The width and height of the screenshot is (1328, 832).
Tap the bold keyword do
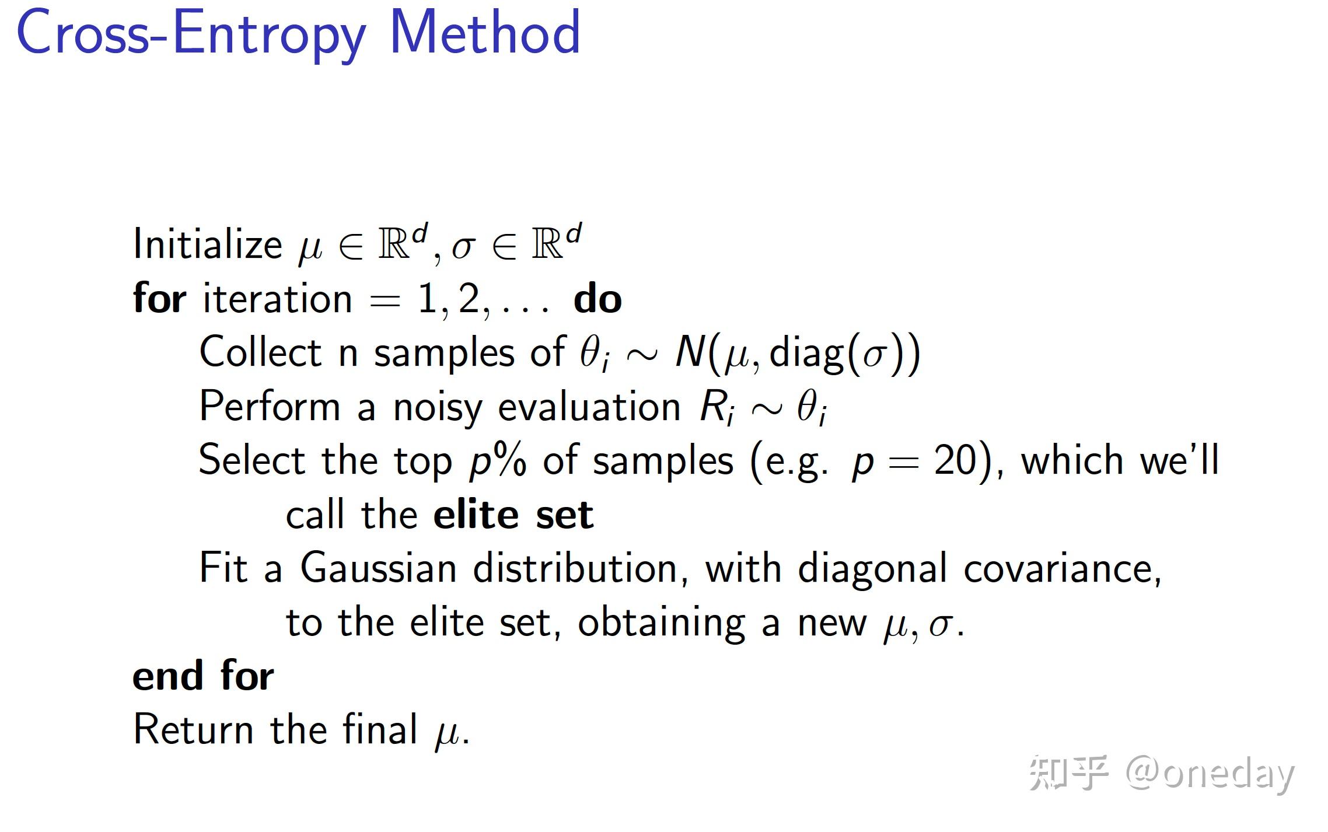597,299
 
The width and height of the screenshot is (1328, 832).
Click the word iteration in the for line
277,299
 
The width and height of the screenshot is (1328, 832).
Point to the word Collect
260,352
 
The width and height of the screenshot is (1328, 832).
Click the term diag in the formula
807,355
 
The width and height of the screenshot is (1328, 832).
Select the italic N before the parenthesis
690,352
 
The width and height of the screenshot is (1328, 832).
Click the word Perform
270,406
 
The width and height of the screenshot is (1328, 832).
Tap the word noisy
438,408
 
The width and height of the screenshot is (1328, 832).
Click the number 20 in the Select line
955,460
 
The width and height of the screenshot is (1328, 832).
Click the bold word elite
476,514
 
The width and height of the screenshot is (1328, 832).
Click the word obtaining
662,624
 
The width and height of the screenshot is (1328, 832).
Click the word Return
193,729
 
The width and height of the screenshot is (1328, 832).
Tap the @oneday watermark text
1210,775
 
